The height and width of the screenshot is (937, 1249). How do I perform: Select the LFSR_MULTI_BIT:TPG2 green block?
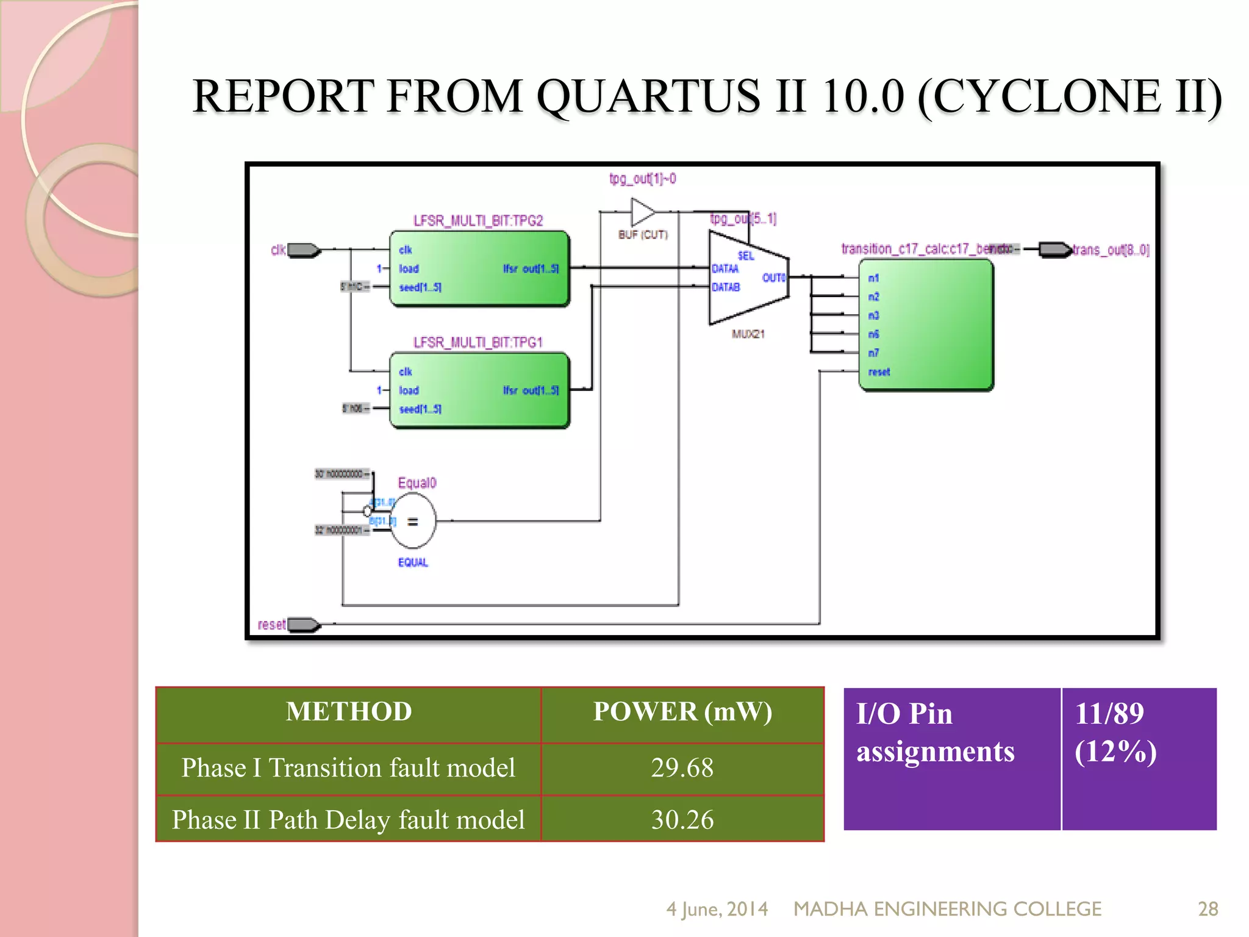click(x=479, y=268)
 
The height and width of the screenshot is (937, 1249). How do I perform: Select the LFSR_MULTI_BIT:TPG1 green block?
click(x=479, y=390)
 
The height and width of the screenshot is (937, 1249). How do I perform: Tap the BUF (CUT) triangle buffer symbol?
click(x=642, y=213)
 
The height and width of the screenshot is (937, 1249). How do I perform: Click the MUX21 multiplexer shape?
click(x=748, y=278)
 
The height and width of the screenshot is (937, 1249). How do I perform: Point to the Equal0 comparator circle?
click(x=413, y=521)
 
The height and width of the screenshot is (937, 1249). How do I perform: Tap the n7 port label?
click(x=874, y=353)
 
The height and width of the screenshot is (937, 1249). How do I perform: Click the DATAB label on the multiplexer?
click(x=726, y=287)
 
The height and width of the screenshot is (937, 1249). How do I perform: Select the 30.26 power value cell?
click(x=682, y=820)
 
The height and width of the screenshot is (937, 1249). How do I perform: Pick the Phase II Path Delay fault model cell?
click(x=349, y=820)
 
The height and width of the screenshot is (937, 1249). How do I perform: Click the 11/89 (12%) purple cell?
click(x=1138, y=758)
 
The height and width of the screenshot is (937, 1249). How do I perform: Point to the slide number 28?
click(x=1208, y=909)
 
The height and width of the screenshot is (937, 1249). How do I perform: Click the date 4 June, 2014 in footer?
click(x=717, y=909)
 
